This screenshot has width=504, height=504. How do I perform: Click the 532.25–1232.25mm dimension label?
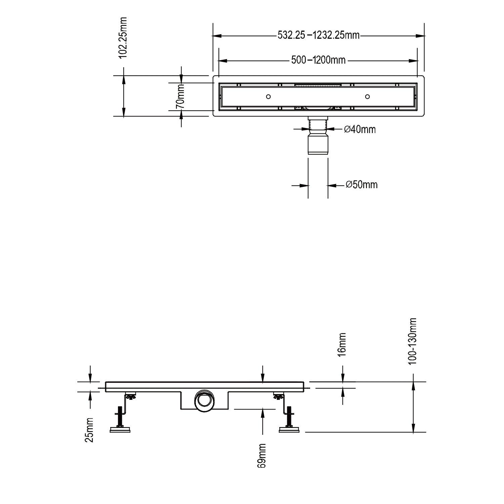[x=318, y=35]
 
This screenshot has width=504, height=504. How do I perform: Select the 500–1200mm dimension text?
[x=318, y=60]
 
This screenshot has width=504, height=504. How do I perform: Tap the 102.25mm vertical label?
[x=123, y=38]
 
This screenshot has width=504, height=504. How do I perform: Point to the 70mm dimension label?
[x=180, y=96]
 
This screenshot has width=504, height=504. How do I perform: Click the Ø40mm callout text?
[x=360, y=129]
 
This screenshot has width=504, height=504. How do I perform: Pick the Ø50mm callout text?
[x=362, y=184]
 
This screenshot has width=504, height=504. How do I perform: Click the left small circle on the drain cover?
[x=268, y=97]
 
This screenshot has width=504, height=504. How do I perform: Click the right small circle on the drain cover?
[x=367, y=97]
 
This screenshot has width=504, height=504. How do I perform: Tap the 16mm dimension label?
[x=342, y=344]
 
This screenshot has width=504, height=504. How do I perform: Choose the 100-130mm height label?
[x=413, y=341]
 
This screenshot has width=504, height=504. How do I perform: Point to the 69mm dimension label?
[x=262, y=456]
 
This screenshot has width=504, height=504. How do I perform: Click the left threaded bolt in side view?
[x=120, y=416]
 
